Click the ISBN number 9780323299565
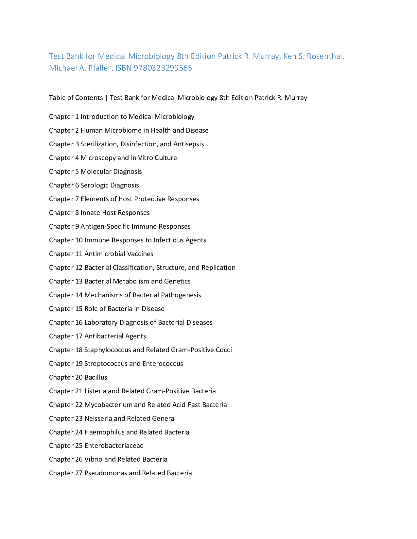click(x=163, y=68)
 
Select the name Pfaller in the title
click(x=100, y=68)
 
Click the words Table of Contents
click(x=76, y=98)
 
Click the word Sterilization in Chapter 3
click(x=99, y=144)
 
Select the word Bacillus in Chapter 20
click(x=96, y=377)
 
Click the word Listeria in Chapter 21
click(x=95, y=391)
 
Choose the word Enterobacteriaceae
click(x=114, y=446)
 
